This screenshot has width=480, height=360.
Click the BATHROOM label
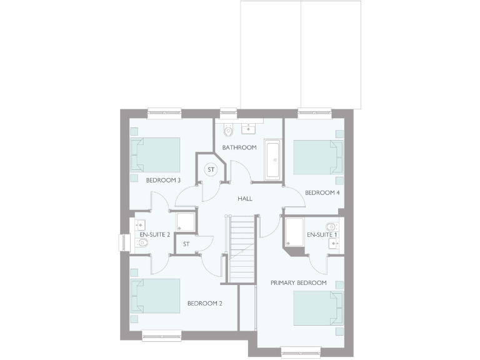point(239,147)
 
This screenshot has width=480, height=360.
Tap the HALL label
point(244,198)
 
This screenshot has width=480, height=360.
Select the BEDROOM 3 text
point(163,180)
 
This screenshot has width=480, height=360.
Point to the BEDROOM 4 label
point(322,192)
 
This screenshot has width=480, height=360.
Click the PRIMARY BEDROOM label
point(299,283)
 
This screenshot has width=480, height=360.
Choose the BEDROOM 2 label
point(204,304)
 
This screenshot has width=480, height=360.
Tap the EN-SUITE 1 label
point(322,234)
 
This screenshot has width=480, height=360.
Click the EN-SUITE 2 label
point(155,234)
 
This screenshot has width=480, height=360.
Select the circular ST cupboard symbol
point(211,169)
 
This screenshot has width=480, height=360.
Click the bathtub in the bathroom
point(272,160)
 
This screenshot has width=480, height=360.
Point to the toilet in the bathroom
point(228,131)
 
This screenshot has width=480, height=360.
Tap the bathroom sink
point(249,129)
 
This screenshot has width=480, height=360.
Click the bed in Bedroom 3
point(155,154)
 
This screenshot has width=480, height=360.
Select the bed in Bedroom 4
point(318,157)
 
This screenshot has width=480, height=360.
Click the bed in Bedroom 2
point(155,296)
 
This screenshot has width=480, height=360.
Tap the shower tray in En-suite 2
point(185,223)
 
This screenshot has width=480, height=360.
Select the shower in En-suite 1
point(293,231)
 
